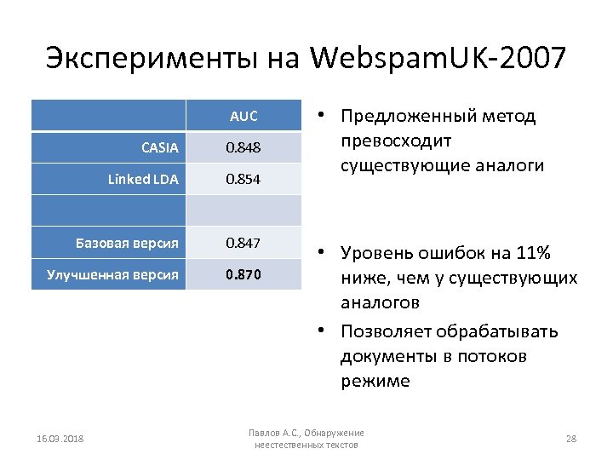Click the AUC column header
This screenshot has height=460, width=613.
[243, 117]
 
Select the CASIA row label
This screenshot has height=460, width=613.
[160, 148]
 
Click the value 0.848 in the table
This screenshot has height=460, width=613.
[243, 148]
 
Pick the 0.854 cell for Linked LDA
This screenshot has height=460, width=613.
[243, 180]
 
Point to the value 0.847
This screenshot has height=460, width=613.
[243, 244]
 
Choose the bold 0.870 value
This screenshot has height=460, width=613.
[243, 274]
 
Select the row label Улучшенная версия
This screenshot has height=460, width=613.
[112, 274]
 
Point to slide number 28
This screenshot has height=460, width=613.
[570, 439]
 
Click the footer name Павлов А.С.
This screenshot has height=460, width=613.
[277, 433]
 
